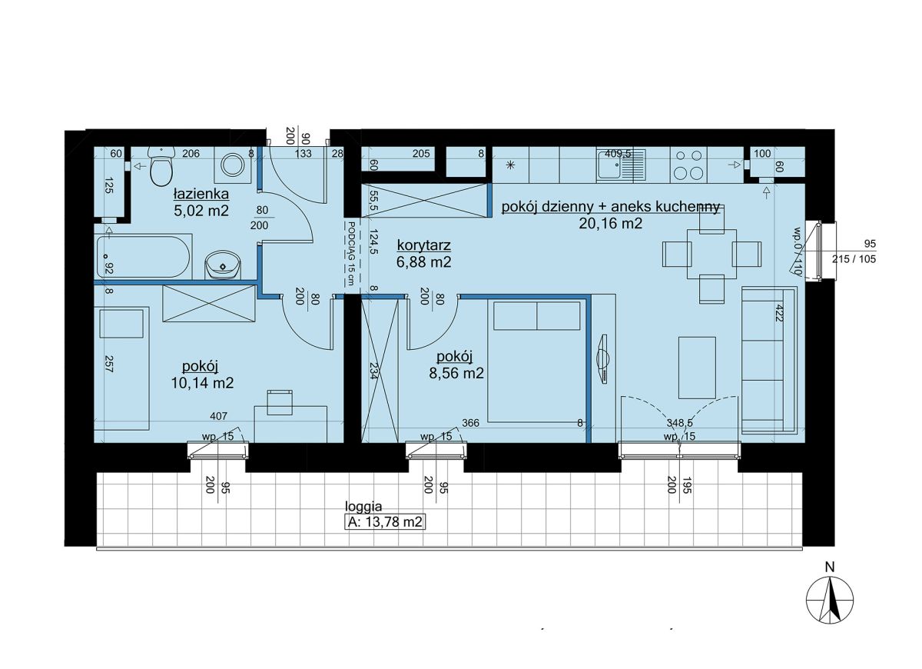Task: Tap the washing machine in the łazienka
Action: pos(233,165)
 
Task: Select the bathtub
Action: pos(143,257)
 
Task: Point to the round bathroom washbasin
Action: pos(223,265)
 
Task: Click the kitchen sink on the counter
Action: pos(622,165)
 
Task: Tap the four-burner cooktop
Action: pos(690,165)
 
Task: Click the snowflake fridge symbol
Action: pos(510,165)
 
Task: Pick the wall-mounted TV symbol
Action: pos(603,359)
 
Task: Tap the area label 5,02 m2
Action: pos(201,211)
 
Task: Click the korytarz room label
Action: pos(424,245)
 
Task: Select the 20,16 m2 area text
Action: pos(610,224)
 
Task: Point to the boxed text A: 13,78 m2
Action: pos(384,522)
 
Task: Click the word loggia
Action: pos(363,506)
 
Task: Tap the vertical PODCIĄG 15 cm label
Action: pos(351,253)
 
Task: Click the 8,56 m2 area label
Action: pos(456,373)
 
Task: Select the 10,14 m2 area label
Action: pos(202,383)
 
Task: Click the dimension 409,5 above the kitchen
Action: pos(618,154)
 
